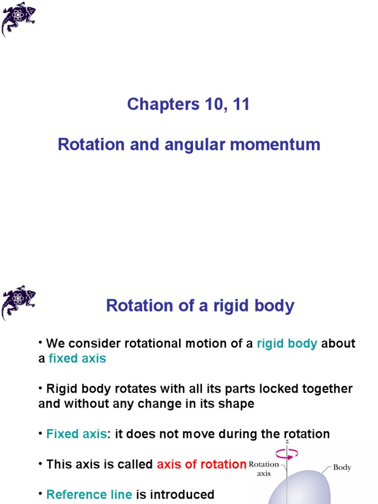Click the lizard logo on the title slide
point(18,19)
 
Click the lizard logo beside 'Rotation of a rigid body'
point(18,302)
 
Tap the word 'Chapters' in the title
point(163,104)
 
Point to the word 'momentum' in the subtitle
point(275,144)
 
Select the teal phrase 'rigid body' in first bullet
point(287,344)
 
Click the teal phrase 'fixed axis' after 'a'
point(77,358)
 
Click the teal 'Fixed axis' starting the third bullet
point(76,434)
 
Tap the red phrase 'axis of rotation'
point(201,464)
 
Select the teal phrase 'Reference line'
point(89,494)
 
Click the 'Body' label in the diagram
point(342,468)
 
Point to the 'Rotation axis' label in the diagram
point(264,469)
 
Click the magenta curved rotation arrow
point(287,454)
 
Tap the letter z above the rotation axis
point(287,441)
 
